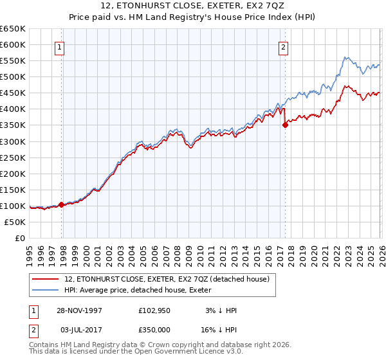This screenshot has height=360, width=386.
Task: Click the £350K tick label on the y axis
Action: [x=13, y=125]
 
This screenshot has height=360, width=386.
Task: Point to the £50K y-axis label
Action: [x=15, y=222]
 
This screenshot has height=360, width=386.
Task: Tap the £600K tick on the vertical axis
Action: [x=13, y=44]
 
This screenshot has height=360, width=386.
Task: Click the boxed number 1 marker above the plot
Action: [x=60, y=46]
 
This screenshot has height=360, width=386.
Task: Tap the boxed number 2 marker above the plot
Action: [x=283, y=46]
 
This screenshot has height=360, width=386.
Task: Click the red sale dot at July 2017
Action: [x=285, y=125]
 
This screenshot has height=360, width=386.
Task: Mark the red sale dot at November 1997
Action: [x=62, y=204]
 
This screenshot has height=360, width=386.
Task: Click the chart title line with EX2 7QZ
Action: [x=193, y=7]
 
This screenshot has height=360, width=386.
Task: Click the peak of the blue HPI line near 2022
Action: [x=345, y=57]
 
